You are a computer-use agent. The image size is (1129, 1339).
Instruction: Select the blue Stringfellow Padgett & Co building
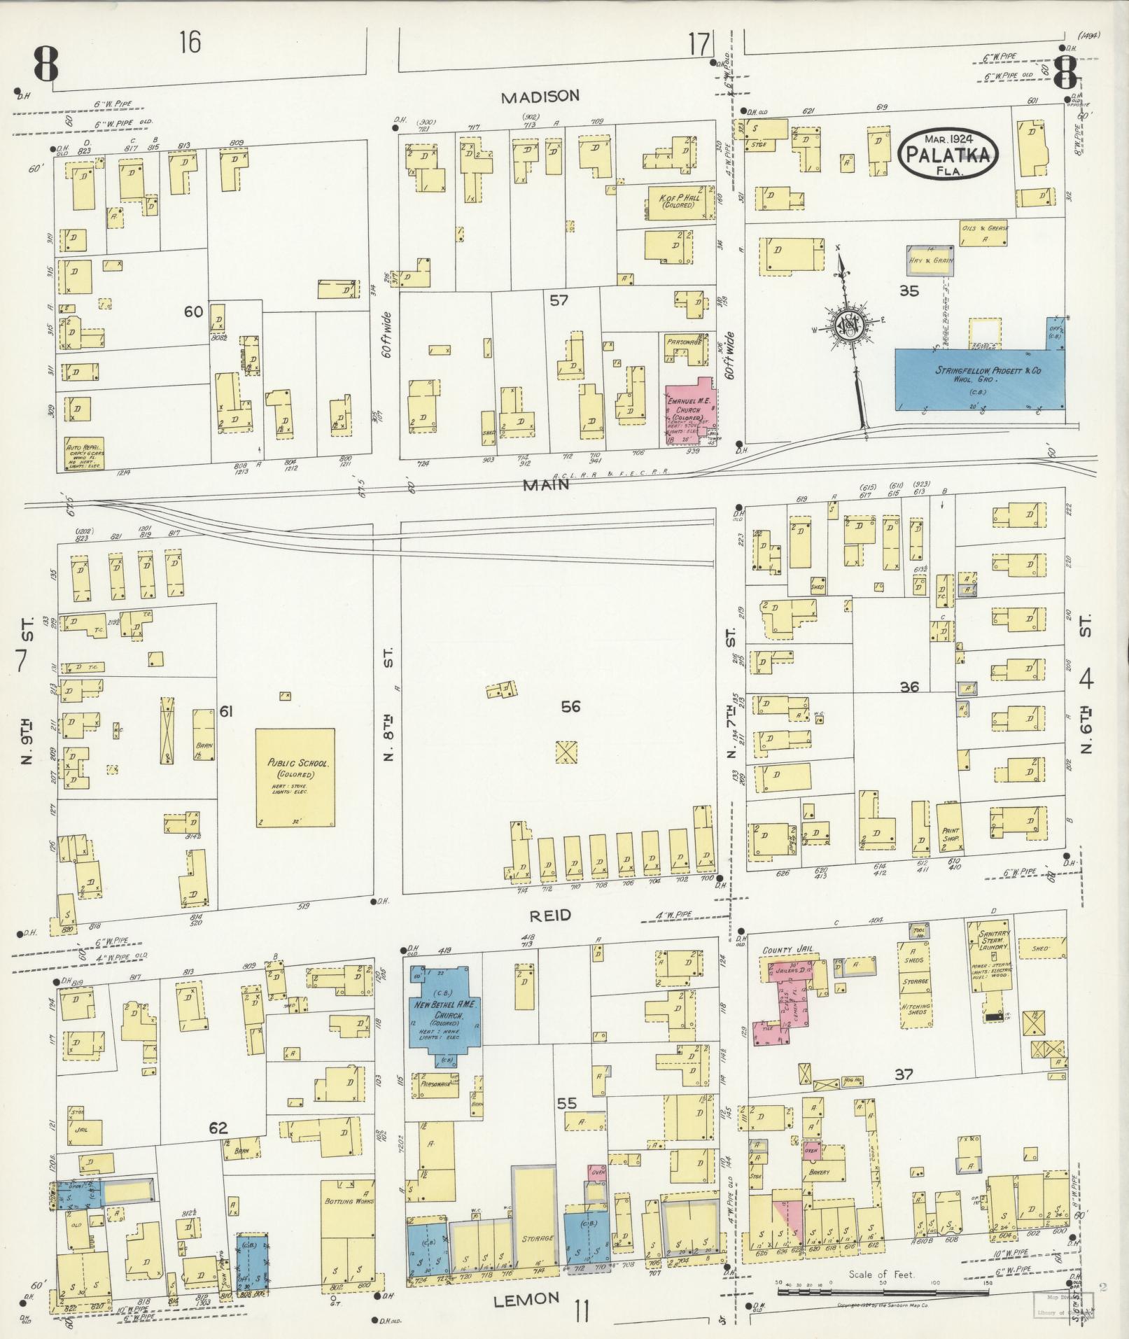[979, 379]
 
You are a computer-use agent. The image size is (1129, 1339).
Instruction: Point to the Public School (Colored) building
[295, 777]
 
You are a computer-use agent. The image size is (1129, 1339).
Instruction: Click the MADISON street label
[540, 97]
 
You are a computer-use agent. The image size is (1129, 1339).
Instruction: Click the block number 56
[570, 707]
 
